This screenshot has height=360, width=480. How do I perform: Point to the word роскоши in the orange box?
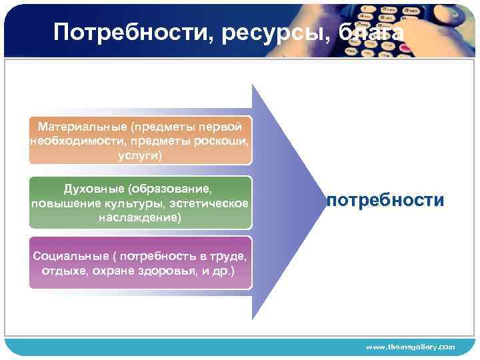223,141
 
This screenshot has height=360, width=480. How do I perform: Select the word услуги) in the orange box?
140,155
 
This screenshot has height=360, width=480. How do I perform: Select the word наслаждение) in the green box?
140,217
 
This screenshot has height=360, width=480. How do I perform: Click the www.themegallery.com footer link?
410,347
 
